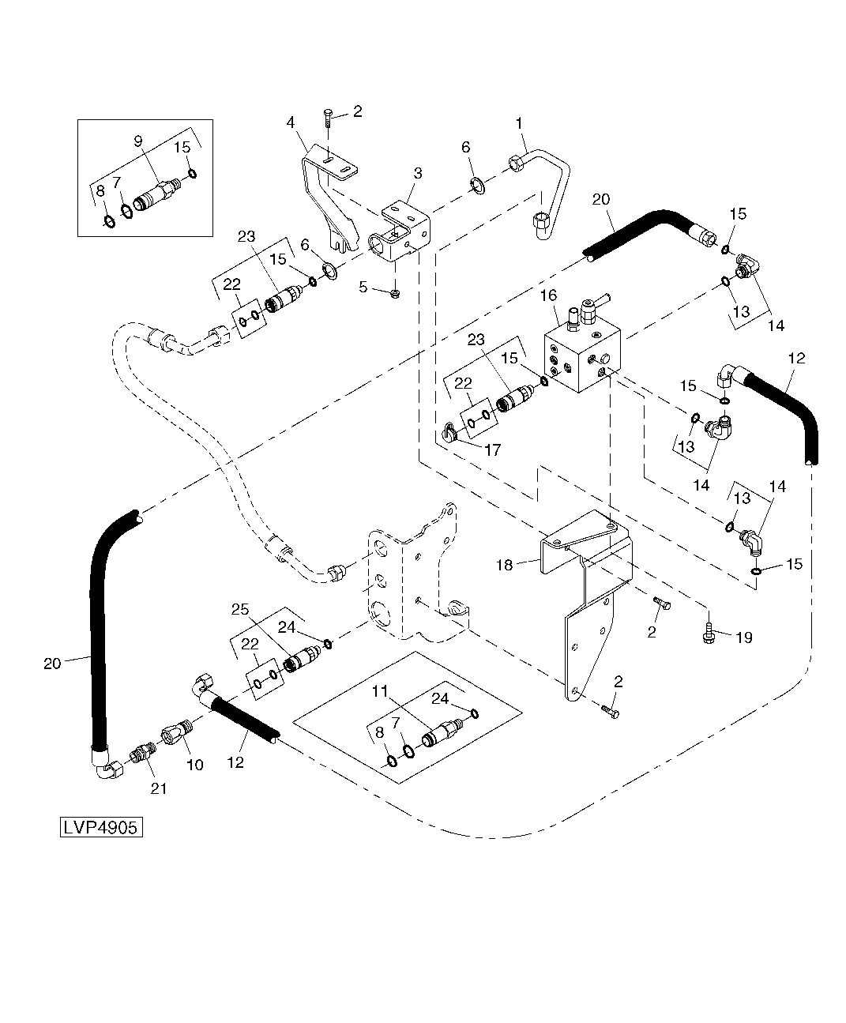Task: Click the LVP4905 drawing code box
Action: [101, 828]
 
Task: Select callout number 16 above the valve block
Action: [548, 295]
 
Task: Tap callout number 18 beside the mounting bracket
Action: [504, 565]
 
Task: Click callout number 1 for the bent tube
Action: [519, 123]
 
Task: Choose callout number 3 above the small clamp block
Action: [417, 172]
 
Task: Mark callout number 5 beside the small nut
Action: [363, 287]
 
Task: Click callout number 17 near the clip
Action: [493, 451]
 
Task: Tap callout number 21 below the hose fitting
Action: [159, 788]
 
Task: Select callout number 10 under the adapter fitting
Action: [194, 765]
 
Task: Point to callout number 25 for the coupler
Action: [240, 609]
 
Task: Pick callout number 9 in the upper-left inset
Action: [138, 141]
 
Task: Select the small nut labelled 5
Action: [396, 294]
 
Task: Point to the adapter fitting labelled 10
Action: [177, 732]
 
